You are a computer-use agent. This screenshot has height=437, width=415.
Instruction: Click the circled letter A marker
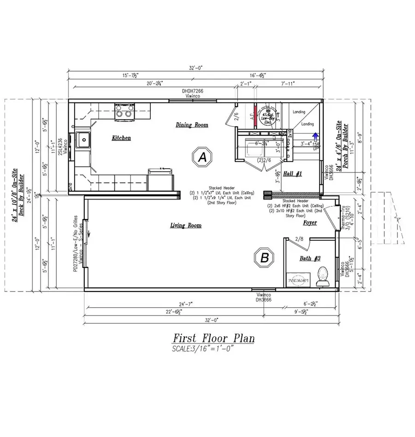pyautogui.click(x=202, y=157)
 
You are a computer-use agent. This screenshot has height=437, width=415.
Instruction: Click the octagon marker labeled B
pyautogui.click(x=265, y=257)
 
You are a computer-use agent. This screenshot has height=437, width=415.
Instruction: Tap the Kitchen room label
pyautogui.click(x=121, y=138)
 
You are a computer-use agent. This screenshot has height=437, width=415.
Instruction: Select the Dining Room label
pyautogui.click(x=192, y=125)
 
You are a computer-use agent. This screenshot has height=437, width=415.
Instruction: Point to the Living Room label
pyautogui.click(x=186, y=225)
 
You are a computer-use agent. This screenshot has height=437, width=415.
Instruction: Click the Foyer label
pyautogui.click(x=309, y=223)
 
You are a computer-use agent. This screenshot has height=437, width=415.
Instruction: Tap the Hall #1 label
pyautogui.click(x=293, y=173)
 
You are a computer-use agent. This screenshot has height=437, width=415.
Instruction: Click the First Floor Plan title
pyautogui.click(x=213, y=339)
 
